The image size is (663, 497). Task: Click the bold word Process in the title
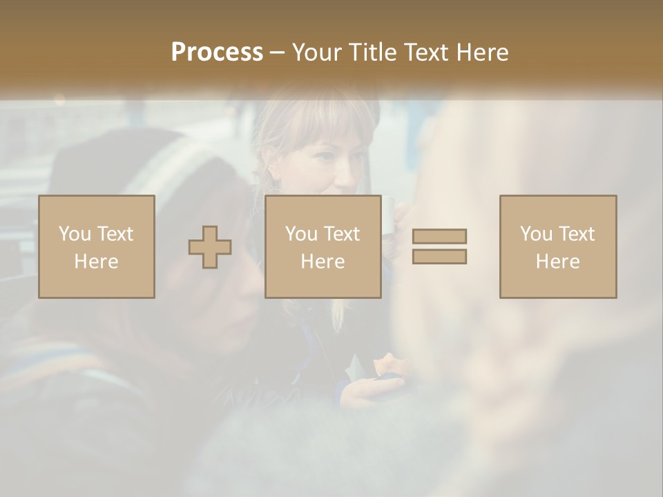point(217,52)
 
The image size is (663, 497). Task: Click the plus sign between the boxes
point(210,247)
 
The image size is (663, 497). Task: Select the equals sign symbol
point(439,246)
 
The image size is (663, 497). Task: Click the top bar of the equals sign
point(439,236)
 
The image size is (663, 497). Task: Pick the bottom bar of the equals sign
point(439,257)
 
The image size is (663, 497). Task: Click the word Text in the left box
point(115,234)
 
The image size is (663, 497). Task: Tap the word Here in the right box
point(558,262)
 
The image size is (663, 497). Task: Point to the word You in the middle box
point(301,234)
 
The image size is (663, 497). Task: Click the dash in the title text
point(277,53)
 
